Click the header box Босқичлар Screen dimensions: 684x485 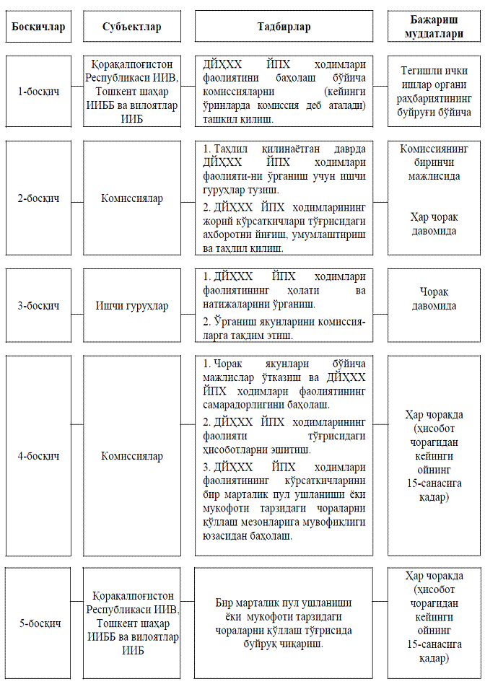pos(38,27)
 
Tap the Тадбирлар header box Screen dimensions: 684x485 pos(284,27)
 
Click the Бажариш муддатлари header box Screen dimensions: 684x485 pos(434,27)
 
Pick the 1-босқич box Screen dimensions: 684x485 pos(38,92)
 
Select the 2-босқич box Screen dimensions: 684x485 pos(38,198)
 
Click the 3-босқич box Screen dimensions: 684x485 pos(38,305)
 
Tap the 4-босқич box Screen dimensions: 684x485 pos(38,456)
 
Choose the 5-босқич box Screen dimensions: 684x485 pos(38,623)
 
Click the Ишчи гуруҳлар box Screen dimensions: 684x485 pos(132,305)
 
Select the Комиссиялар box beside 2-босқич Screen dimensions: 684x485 pos(132,198)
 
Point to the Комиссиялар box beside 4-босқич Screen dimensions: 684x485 pos(132,456)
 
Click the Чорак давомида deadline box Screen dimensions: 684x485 pos(434,299)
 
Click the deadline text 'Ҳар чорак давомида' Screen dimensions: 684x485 pos(434,224)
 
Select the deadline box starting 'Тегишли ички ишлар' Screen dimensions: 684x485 pos(434,92)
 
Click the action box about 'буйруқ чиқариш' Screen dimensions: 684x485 pos(284,623)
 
